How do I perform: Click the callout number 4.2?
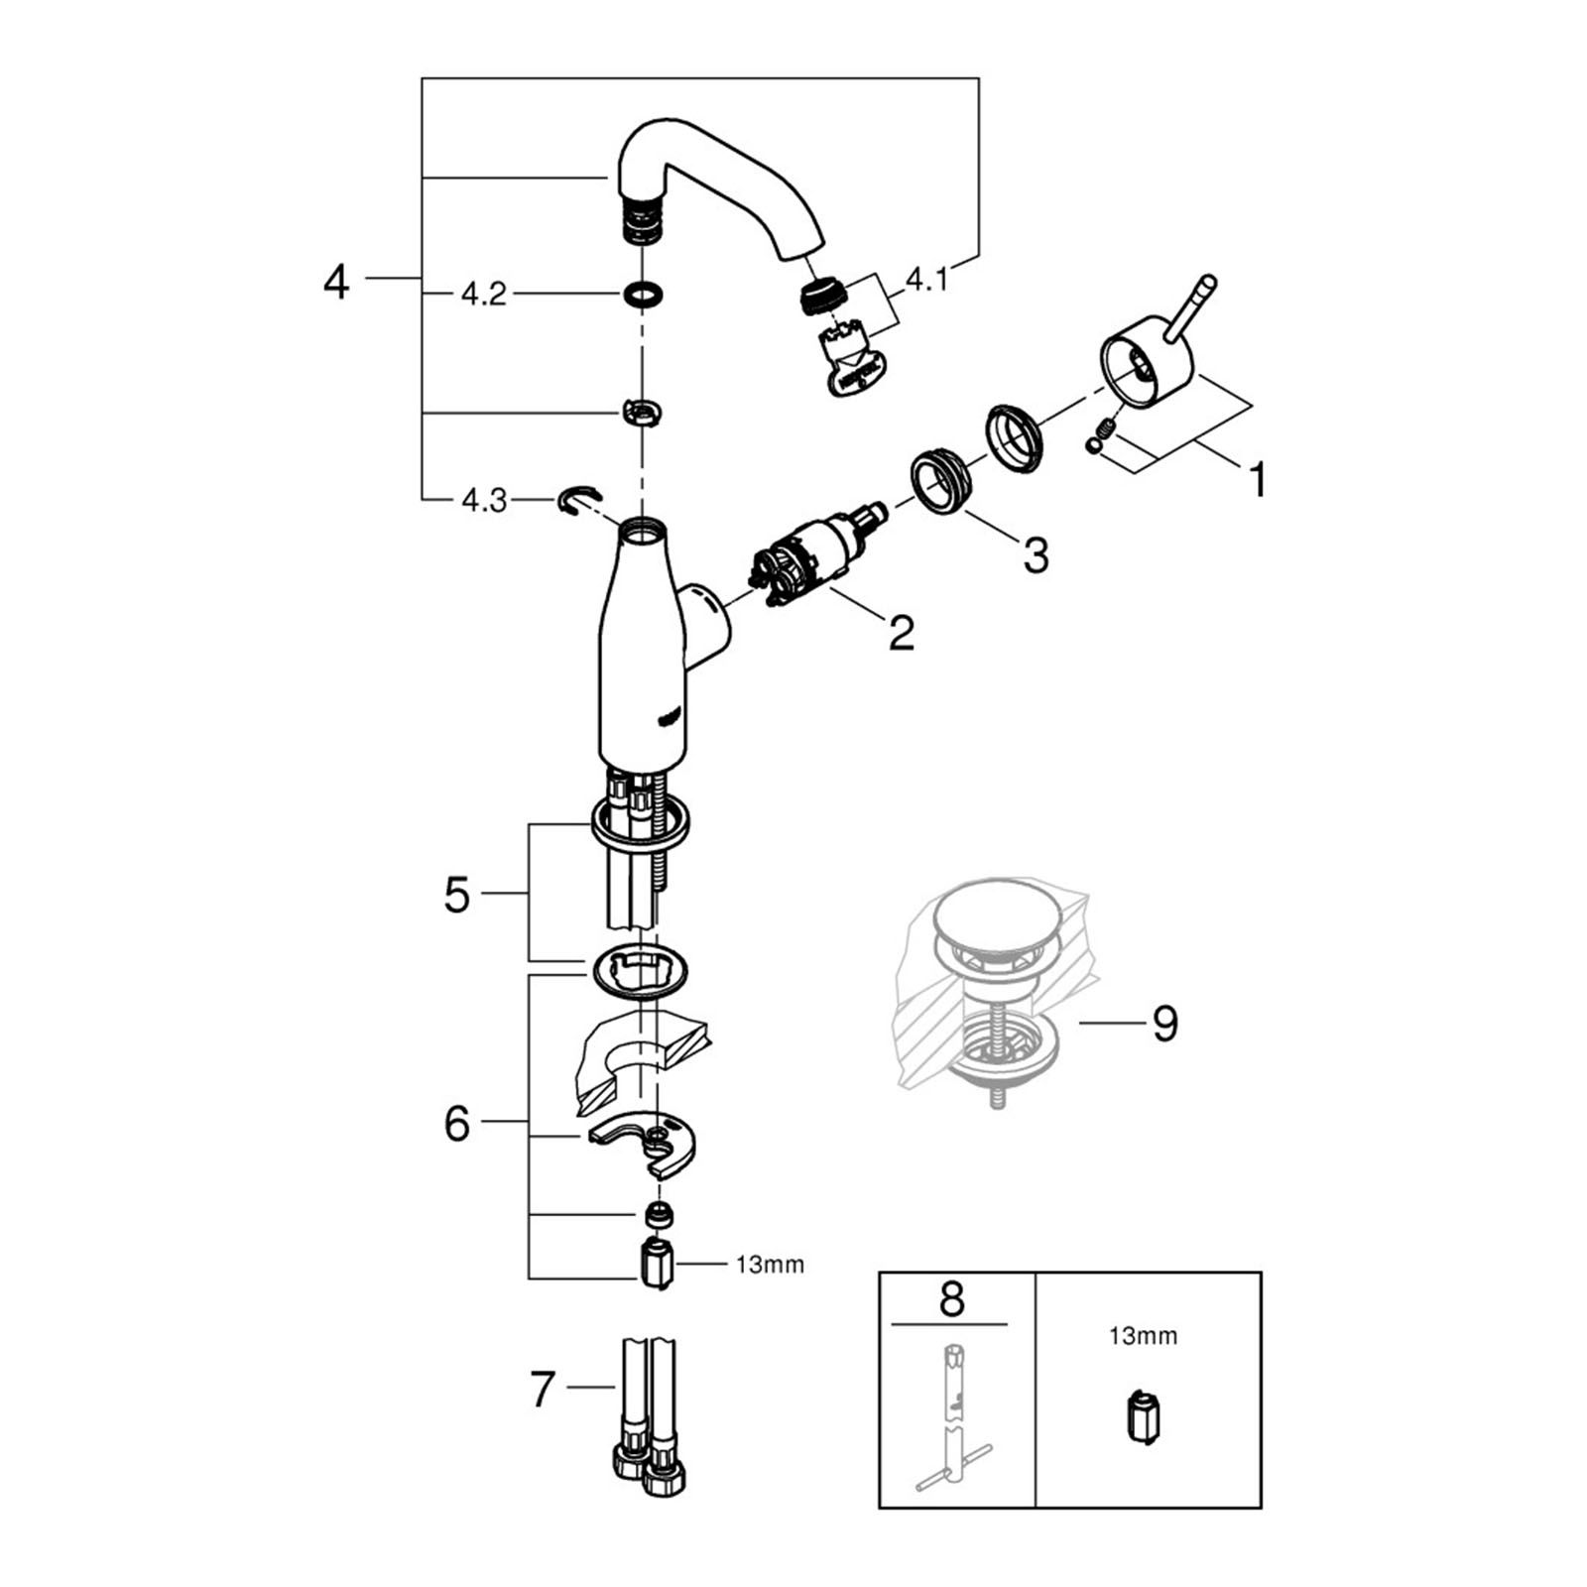point(483,295)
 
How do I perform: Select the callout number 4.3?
point(484,501)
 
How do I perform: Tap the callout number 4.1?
point(926,281)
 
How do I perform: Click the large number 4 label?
point(336,282)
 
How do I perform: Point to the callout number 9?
point(1164,1023)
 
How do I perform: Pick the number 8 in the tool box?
point(951,1298)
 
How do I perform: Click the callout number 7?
point(542,1389)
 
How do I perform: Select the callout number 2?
point(901,633)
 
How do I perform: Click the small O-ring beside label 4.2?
point(644,295)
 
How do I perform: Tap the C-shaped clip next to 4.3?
point(578,501)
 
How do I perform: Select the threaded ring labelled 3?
point(942,480)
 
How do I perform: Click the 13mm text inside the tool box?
point(1143,1336)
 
